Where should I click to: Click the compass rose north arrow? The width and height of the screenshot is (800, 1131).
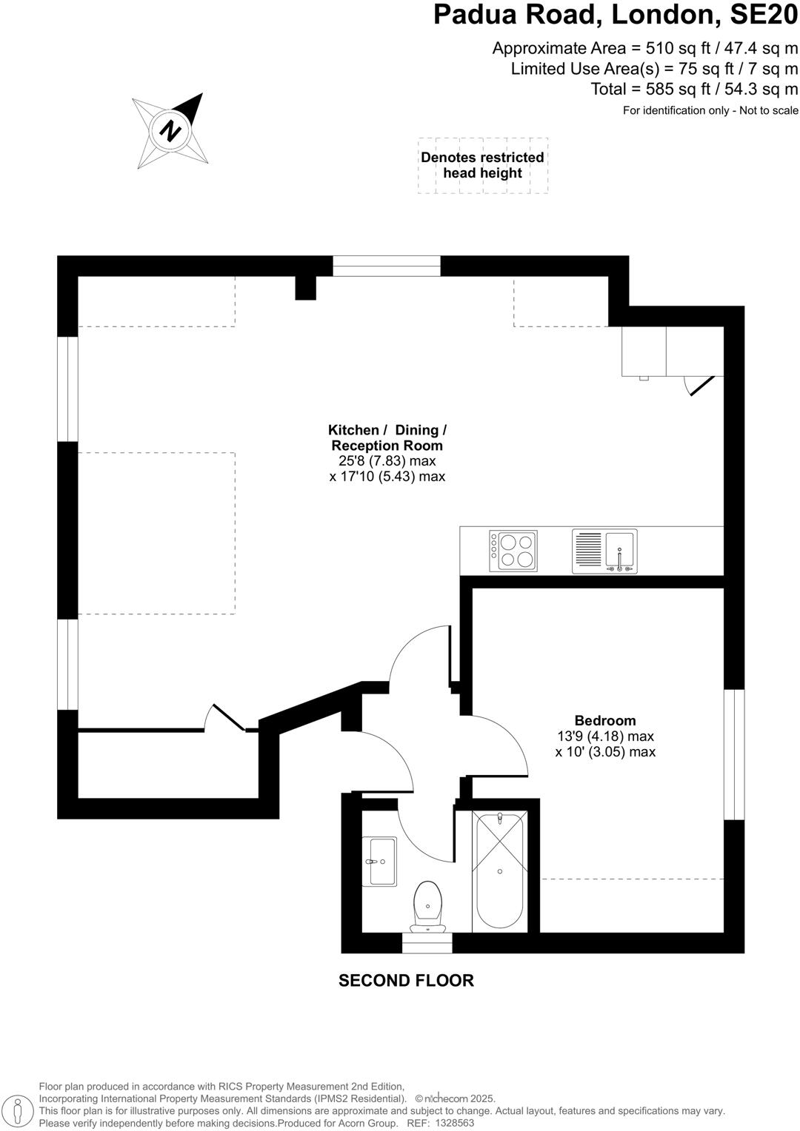pos(171,131)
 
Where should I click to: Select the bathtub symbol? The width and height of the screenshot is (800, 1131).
pos(500,871)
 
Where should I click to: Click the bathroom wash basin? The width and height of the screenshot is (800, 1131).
pos(379,861)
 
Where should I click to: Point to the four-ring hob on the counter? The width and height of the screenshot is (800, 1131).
pos(513,551)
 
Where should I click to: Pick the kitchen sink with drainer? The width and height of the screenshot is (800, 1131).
pos(604,551)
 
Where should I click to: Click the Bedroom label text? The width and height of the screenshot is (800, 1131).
pos(605,720)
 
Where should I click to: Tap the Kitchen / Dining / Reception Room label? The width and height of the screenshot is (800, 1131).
pos(387,437)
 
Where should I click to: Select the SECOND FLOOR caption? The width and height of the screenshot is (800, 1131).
pos(406,980)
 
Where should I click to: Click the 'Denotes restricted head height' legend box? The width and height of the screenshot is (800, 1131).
pos(482,165)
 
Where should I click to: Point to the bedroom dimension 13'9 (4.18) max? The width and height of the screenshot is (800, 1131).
pos(605,736)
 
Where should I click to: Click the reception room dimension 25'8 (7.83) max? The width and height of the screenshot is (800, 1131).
pos(387,461)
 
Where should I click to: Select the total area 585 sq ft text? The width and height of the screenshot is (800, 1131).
pos(694,89)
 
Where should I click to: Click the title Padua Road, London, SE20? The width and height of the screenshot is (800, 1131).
pos(616,15)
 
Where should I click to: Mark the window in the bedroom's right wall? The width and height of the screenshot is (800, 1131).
pos(733,754)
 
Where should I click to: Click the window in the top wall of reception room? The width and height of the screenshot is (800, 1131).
pos(387,266)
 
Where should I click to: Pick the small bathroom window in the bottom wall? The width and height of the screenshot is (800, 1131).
pos(427,942)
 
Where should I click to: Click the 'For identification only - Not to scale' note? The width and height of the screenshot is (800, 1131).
pos(710,110)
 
